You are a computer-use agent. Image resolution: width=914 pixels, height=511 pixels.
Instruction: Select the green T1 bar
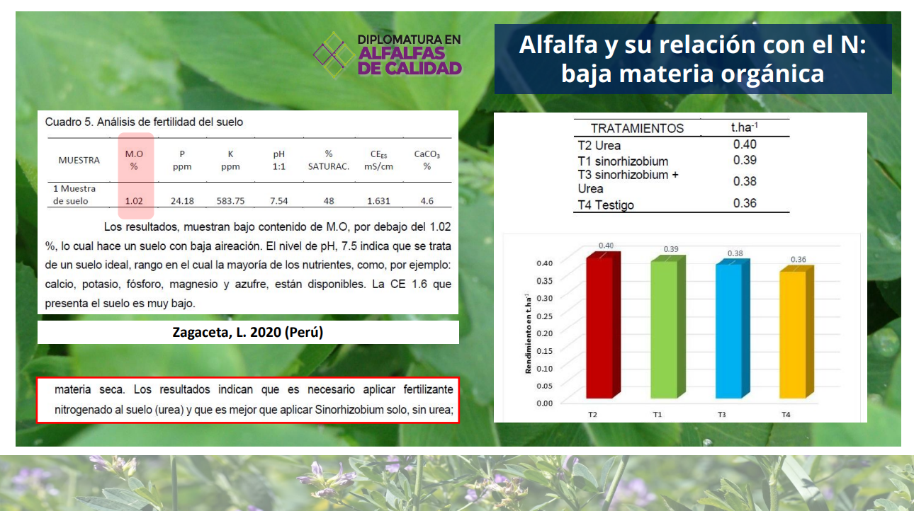point(667,327)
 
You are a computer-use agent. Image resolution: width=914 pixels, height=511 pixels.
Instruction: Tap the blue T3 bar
point(733,329)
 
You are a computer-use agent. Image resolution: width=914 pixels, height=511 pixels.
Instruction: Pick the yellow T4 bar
point(796,332)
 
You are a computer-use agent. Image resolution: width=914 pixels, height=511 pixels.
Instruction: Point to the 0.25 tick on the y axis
point(544,316)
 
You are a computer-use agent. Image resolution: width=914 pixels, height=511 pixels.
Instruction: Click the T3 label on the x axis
point(721,415)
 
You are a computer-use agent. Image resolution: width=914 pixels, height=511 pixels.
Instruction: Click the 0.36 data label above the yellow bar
point(798,260)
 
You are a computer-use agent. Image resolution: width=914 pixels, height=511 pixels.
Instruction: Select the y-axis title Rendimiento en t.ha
point(528,333)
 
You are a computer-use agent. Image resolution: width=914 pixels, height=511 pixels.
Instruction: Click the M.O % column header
point(134,160)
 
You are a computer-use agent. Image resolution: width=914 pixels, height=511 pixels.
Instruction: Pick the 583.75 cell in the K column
point(230,201)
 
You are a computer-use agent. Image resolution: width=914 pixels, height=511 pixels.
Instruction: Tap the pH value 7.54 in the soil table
point(278,201)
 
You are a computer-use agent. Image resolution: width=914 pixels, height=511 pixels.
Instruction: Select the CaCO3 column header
point(427,160)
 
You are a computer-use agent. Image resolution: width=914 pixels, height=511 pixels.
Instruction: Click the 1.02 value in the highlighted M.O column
point(134,201)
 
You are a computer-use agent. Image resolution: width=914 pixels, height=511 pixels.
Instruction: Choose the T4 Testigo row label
point(606,205)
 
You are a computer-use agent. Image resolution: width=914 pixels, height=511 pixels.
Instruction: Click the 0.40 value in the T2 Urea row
point(745,144)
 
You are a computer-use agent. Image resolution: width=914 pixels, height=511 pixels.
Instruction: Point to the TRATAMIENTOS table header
point(637,128)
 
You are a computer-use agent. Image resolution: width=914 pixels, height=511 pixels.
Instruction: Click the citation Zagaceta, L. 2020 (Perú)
point(248,333)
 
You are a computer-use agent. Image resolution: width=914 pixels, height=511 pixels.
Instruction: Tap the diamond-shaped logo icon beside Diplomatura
point(334,54)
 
